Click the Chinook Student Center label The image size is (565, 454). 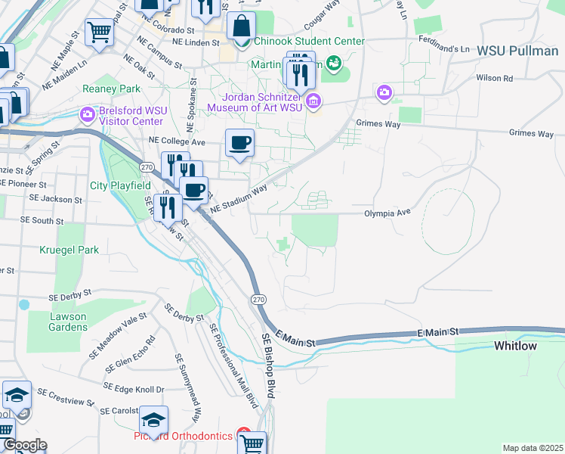click(x=309, y=41)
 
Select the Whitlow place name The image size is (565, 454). click(x=515, y=346)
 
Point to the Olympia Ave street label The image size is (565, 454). click(x=387, y=213)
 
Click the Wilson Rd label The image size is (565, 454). click(x=494, y=78)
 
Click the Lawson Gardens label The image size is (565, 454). click(x=57, y=322)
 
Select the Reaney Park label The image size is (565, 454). click(x=113, y=89)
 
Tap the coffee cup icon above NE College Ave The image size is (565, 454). click(x=240, y=143)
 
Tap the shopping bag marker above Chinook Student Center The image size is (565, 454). click(x=241, y=26)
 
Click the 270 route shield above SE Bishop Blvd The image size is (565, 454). click(x=258, y=300)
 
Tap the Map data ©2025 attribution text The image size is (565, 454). click(x=532, y=448)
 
